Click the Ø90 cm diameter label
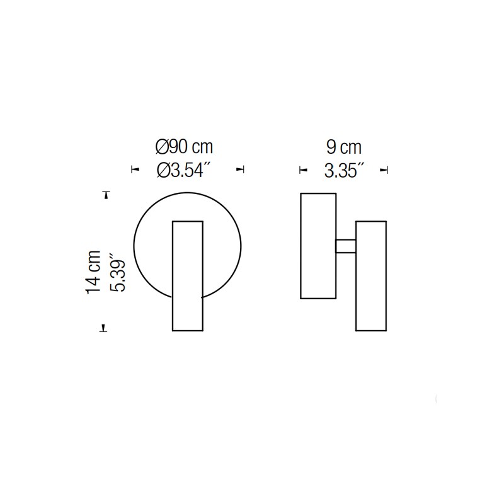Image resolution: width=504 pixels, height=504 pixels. (x=184, y=147)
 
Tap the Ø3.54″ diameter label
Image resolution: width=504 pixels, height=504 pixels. (x=184, y=170)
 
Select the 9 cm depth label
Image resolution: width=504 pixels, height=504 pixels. (x=344, y=147)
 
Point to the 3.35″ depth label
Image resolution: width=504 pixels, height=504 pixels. (x=344, y=170)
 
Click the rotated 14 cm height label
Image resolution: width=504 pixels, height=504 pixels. (x=93, y=272)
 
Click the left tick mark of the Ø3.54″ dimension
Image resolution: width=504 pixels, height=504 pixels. (x=135, y=169)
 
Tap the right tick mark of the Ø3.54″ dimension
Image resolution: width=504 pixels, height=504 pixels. (x=241, y=169)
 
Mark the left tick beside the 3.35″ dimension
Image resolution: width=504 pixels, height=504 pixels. (x=303, y=170)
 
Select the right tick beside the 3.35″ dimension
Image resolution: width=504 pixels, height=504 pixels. (x=384, y=170)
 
